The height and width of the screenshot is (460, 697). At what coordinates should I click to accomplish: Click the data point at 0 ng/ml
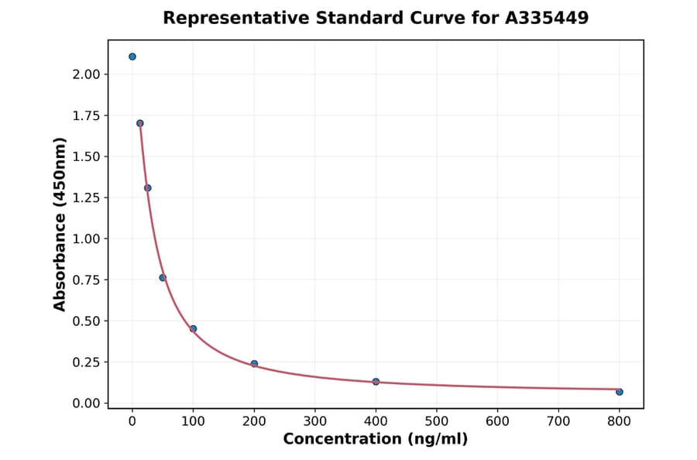[132, 57]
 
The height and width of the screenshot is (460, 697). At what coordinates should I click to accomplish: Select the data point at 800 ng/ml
[620, 392]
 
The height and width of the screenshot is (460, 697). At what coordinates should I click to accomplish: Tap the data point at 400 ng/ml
[376, 382]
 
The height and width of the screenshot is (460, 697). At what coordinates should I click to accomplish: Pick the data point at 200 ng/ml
[254, 363]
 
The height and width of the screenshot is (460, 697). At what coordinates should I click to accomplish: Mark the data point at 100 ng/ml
[194, 328]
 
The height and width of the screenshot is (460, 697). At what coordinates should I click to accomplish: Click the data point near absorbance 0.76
[163, 278]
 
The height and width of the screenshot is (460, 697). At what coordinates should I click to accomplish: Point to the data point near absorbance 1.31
[148, 188]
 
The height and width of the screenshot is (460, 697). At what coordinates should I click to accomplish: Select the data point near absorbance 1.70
[140, 123]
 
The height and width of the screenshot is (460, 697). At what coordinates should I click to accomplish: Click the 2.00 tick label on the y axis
[86, 74]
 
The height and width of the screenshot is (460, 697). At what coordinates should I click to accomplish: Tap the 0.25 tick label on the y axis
[86, 362]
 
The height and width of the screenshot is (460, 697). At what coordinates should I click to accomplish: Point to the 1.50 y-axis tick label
[86, 156]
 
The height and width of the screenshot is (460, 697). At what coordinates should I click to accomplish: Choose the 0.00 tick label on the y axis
[86, 403]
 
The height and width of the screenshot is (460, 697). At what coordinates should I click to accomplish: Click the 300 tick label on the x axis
[315, 421]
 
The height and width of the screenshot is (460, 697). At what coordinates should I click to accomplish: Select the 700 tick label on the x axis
[558, 421]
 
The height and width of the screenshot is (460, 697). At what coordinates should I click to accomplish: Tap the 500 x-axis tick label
[437, 421]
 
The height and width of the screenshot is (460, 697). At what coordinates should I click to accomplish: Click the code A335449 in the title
[547, 18]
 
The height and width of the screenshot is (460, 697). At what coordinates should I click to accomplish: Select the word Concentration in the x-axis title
[338, 439]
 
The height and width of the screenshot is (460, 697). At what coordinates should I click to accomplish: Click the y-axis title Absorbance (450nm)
[60, 224]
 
